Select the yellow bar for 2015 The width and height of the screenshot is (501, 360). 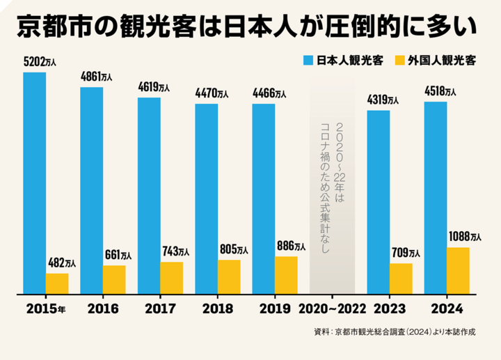coord(57,283)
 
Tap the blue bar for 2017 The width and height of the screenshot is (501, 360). coord(149,196)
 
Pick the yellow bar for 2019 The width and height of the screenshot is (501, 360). coord(286,275)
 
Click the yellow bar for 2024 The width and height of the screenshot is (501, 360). coord(458,270)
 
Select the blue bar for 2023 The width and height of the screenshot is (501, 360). coord(378,202)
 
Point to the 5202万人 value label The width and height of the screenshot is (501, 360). coord(39,62)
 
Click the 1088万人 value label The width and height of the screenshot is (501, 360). coord(465,237)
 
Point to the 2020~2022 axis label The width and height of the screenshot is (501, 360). coord(331,308)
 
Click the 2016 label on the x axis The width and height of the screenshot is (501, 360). coord(103,308)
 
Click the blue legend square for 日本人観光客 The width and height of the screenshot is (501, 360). coord(308,60)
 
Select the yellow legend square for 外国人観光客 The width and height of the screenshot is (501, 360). coord(400,60)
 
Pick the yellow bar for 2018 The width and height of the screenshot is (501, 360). coord(229,276)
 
